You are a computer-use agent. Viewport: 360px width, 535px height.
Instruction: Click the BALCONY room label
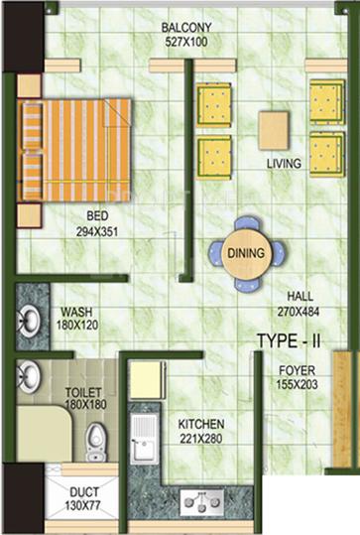point(186,28)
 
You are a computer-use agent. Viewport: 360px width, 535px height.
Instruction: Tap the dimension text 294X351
point(97,232)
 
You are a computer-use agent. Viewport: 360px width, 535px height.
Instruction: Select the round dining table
point(246,253)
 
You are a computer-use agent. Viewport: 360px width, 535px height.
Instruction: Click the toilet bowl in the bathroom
point(95,443)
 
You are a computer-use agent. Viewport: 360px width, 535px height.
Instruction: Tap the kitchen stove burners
point(202,502)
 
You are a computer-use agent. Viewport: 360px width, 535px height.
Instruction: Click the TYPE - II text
point(289,340)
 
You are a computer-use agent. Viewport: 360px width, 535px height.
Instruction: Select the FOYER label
point(297,370)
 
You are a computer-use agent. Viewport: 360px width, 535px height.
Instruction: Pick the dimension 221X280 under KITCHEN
point(201,439)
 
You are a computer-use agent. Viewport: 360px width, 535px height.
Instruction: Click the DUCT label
point(84,492)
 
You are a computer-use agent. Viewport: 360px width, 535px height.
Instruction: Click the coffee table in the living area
point(273,131)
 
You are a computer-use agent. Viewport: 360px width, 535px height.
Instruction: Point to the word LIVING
point(284,164)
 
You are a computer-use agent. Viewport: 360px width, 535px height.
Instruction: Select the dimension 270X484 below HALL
point(298,312)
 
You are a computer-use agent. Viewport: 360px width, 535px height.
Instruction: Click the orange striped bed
point(74,150)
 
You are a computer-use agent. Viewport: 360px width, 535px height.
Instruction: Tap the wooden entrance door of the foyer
point(342,408)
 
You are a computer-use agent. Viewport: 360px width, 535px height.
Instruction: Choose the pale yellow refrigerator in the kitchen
point(147,379)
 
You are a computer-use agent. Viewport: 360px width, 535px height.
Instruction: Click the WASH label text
point(76,312)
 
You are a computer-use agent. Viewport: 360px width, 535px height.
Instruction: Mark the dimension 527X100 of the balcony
point(186,42)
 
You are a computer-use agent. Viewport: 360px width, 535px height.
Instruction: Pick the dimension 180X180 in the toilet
point(85,405)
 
